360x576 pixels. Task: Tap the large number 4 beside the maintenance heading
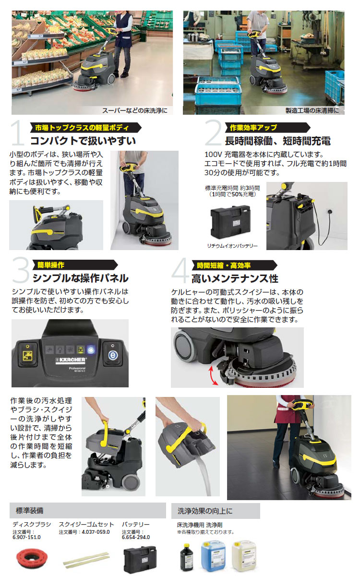[180, 271]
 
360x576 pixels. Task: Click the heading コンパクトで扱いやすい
[83, 141]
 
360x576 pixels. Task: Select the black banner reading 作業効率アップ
[268, 128]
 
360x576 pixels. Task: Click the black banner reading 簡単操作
[75, 265]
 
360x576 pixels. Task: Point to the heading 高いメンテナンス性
[235, 279]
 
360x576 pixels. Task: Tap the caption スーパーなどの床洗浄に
[135, 110]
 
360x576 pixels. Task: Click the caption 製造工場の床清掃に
[312, 110]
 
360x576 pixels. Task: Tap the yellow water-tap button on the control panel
[27, 355]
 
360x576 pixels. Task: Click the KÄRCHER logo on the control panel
[71, 360]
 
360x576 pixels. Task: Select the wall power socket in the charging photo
[329, 212]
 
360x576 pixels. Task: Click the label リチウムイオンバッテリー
[232, 246]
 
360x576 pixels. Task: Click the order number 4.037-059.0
[96, 532]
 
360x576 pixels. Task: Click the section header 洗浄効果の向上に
[205, 511]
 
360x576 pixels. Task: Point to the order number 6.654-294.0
[136, 537]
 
